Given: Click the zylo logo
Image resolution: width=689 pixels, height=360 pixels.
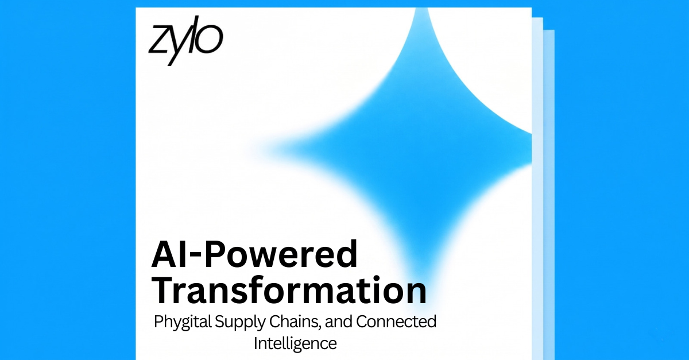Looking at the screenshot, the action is coord(186,41).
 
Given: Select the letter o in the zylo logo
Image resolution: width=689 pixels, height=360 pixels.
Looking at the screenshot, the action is coord(210,40).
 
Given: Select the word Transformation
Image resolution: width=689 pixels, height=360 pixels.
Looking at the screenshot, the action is coord(289,290).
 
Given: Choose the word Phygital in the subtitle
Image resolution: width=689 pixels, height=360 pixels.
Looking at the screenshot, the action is coord(183,323).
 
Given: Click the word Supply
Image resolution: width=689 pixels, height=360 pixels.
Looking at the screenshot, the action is coord(239,323).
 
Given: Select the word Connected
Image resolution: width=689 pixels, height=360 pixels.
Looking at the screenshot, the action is coord(396,322).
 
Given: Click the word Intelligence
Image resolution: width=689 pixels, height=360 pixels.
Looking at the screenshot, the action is coord(295,344).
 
